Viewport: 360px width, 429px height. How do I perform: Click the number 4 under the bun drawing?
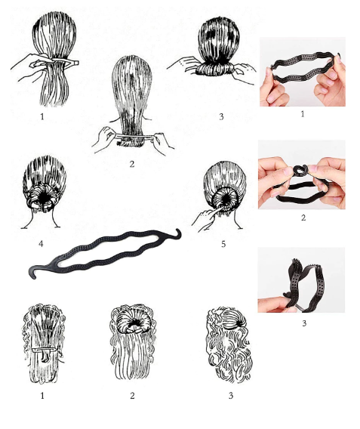pos(41,243)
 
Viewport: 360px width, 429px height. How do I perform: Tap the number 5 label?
pos(223,244)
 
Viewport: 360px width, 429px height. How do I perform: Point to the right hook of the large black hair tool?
pos(177,234)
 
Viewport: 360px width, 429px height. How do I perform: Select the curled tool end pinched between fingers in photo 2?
pos(300,171)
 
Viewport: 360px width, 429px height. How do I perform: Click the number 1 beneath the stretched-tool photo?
pos(303,114)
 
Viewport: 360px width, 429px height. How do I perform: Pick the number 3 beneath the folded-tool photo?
pos(304,323)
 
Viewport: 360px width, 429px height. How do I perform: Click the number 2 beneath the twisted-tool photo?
pos(303,218)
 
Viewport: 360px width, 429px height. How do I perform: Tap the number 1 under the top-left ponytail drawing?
pos(42,116)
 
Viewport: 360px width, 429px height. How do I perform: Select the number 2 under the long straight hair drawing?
pos(132,164)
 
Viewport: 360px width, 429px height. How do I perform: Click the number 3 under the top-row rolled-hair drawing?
pos(221,117)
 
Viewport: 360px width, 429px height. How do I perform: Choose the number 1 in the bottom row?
pos(42,396)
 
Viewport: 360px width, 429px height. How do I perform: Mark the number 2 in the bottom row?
pos(132,396)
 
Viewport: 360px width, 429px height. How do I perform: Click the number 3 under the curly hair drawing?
pos(231,396)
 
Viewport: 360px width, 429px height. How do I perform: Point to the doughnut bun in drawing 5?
pos(222,199)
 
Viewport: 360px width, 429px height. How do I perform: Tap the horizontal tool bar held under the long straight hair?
pos(134,137)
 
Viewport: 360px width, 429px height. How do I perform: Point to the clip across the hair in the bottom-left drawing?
pos(44,350)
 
